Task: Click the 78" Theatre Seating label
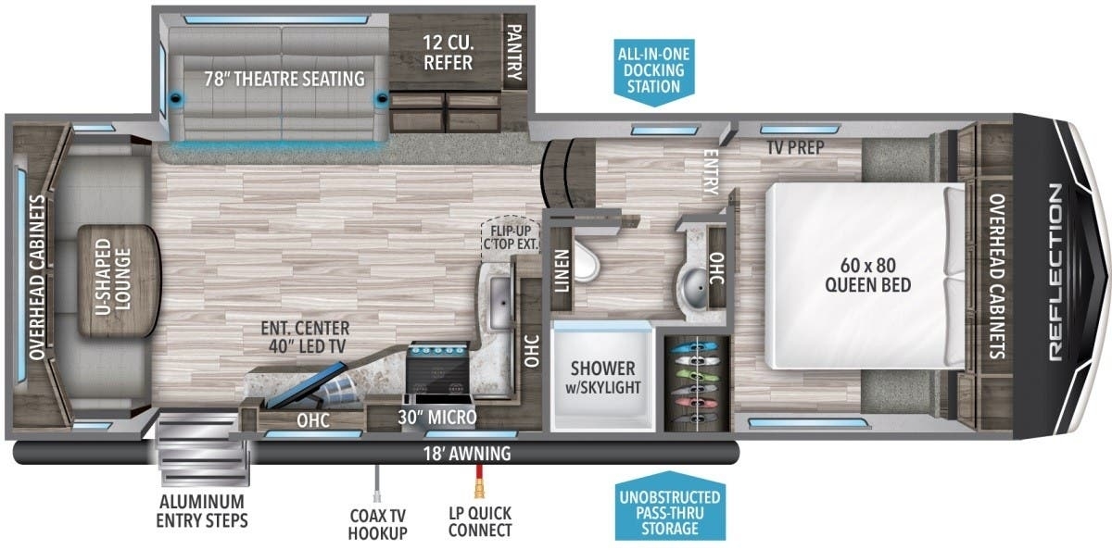pos(284,79)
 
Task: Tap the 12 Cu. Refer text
pos(448,53)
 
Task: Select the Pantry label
pos(514,52)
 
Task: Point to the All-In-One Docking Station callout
pos(654,71)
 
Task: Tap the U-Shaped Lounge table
pos(120,281)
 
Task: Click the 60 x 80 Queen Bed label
pos(867,275)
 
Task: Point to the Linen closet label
pos(562,270)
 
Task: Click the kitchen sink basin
pos(499,303)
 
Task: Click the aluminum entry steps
pos(203,449)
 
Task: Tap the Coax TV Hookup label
pos(377,524)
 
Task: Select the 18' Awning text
pos(467,454)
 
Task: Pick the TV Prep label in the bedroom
pos(795,147)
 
